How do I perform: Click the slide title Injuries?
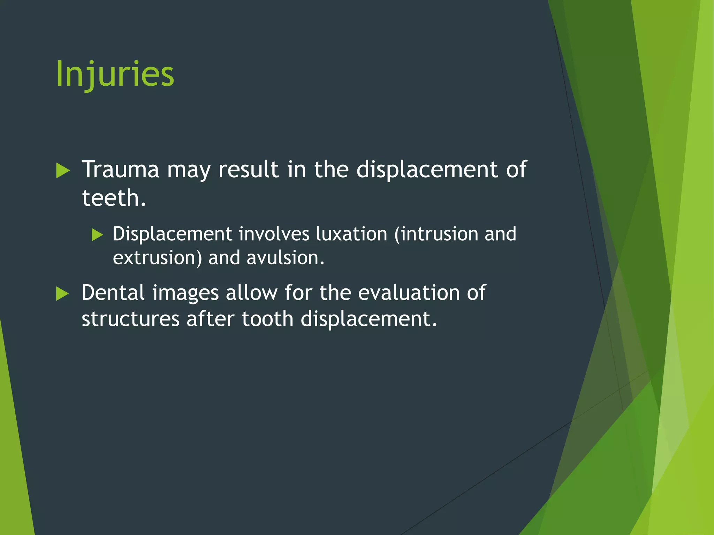(x=115, y=74)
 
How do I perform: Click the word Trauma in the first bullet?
(x=120, y=170)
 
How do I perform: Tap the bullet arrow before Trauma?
(x=63, y=171)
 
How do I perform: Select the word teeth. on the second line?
(x=114, y=198)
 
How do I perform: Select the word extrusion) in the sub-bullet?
(x=157, y=258)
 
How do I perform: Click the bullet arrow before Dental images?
(x=63, y=294)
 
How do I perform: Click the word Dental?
(x=113, y=293)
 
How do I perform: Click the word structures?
(x=130, y=319)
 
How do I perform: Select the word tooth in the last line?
(x=267, y=319)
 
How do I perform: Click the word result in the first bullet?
(x=249, y=170)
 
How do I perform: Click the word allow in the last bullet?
(x=251, y=293)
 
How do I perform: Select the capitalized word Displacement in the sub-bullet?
(x=172, y=234)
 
